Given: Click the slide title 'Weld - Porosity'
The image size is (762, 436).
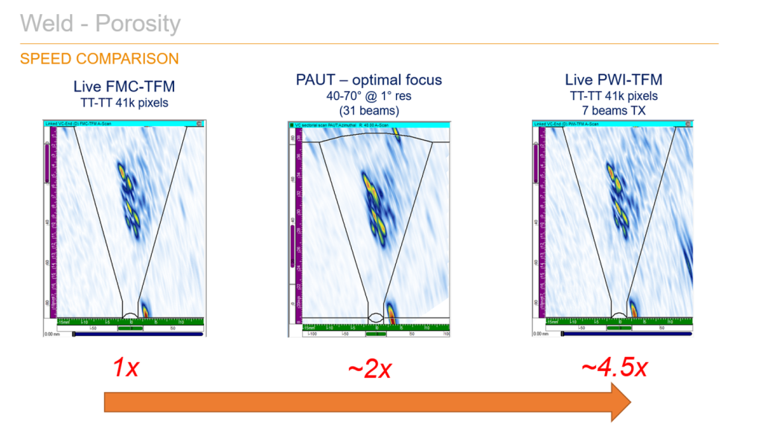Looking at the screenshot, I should click(100, 24).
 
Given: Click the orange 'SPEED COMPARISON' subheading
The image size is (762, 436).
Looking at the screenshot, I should click(99, 59).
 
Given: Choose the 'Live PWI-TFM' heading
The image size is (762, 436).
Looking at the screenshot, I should click(614, 80).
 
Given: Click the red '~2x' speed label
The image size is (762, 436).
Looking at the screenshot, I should click(370, 367).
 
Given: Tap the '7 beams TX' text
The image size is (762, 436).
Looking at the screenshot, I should click(615, 110).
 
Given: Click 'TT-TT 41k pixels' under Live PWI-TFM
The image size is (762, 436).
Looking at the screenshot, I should click(615, 95).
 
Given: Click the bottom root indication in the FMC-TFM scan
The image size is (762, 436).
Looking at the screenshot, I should click(144, 309).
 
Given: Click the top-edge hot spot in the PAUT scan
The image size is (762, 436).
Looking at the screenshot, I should click(396, 134).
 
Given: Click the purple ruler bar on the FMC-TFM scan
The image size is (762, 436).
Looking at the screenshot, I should click(48, 160).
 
